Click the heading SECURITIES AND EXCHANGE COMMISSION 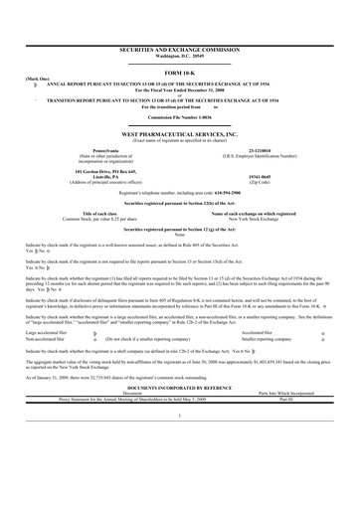[181, 47]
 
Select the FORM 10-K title [180, 73]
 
